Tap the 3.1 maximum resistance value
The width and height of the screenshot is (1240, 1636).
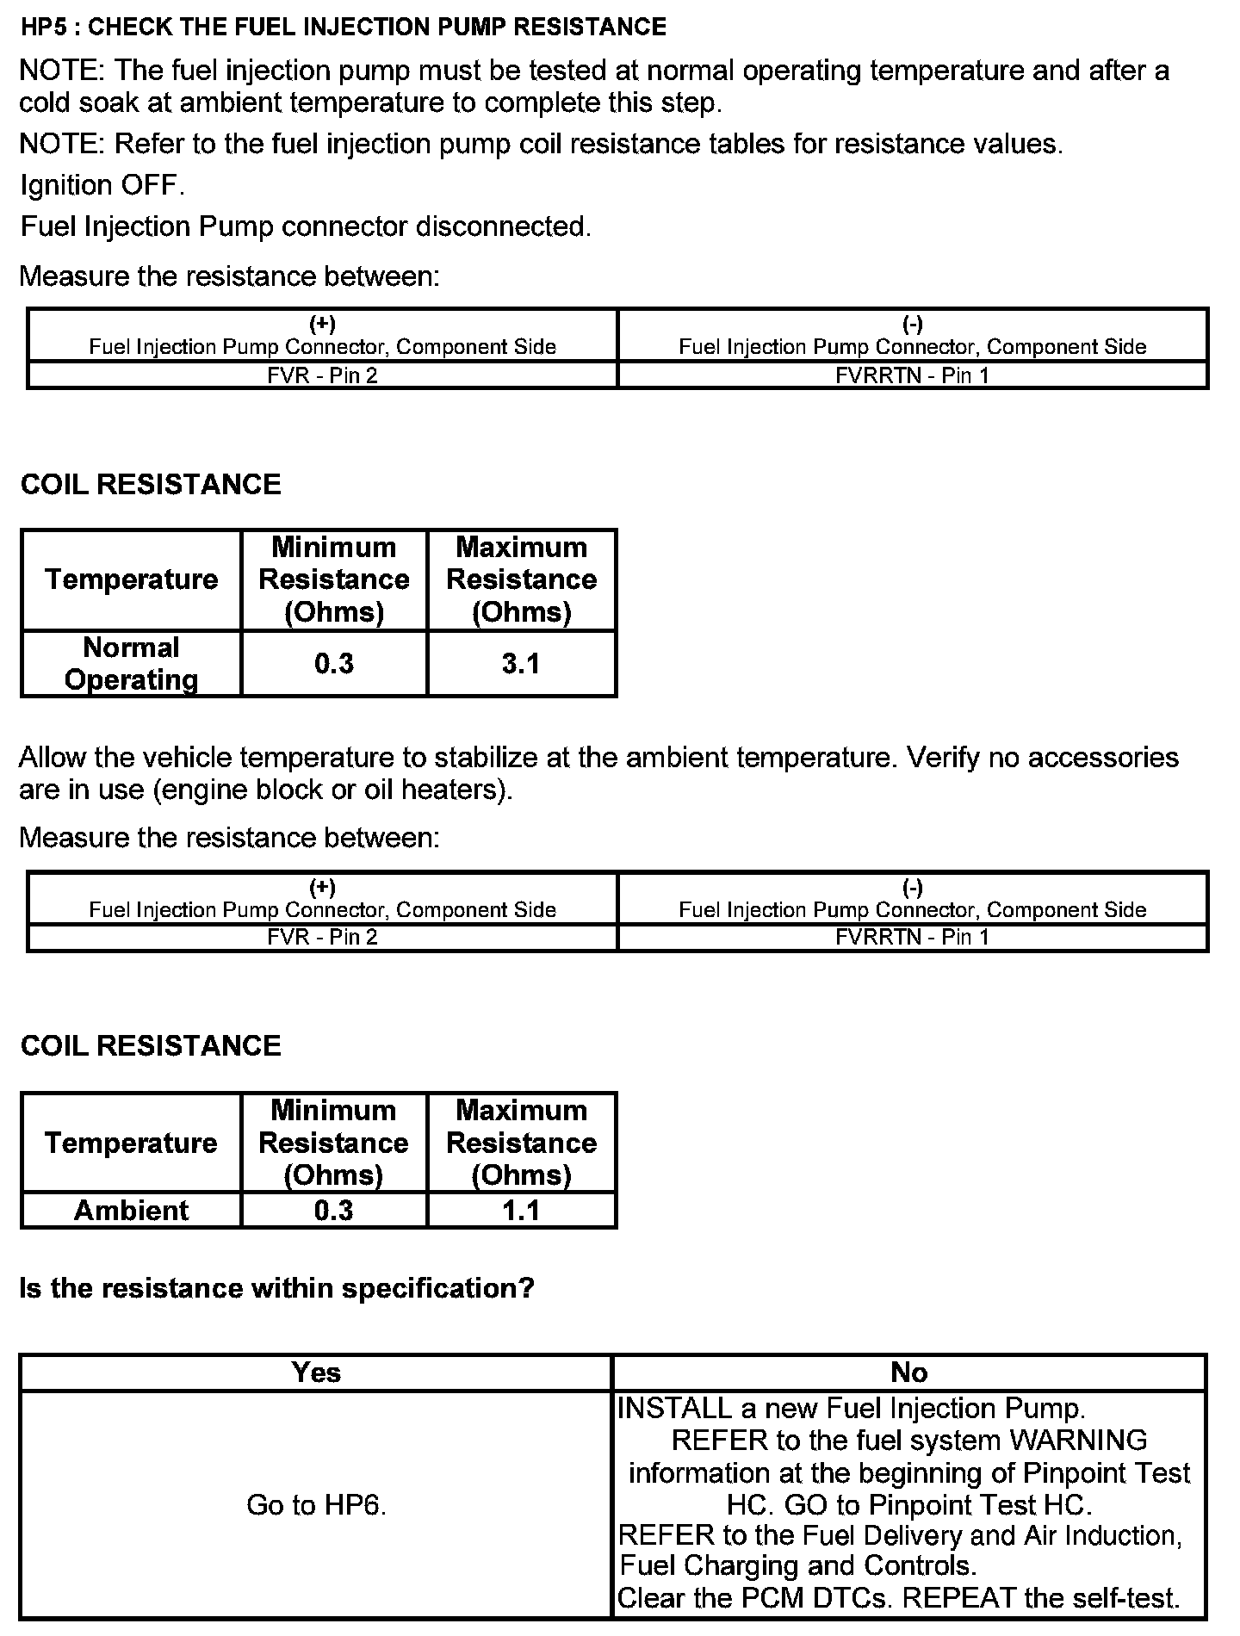coord(521,664)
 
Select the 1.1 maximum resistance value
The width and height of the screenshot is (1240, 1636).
coord(521,1211)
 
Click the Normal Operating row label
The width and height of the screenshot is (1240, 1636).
coord(131,664)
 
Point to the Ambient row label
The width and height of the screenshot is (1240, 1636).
coord(131,1211)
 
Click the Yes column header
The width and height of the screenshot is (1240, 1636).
coord(316,1373)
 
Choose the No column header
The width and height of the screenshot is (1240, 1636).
coord(908,1373)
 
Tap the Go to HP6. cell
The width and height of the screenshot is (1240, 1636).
coord(316,1504)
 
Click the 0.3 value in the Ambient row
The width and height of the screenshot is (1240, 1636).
coord(334,1211)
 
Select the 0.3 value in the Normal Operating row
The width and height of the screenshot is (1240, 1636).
coord(334,664)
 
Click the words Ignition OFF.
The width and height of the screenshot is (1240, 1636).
coord(102,185)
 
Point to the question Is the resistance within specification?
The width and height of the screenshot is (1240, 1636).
coord(276,1288)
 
